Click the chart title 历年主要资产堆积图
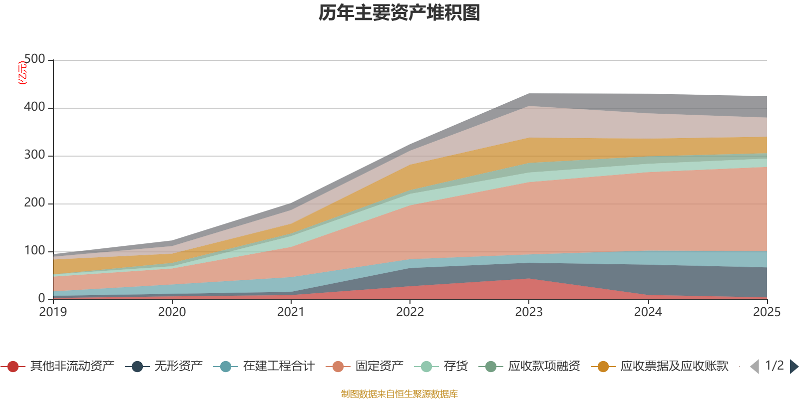[x=399, y=13]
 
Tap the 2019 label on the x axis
[x=53, y=312]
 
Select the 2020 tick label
[x=172, y=312]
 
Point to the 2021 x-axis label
[x=291, y=312]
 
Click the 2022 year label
[x=409, y=312]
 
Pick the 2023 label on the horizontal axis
[x=528, y=312]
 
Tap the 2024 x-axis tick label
[x=648, y=312]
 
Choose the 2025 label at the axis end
[x=766, y=312]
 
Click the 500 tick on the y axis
[x=34, y=59]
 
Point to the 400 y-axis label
[x=34, y=107]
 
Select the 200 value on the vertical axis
[x=34, y=203]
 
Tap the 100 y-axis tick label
[x=34, y=251]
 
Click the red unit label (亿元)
[x=22, y=73]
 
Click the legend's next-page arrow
[x=794, y=367]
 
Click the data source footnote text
[x=399, y=394]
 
